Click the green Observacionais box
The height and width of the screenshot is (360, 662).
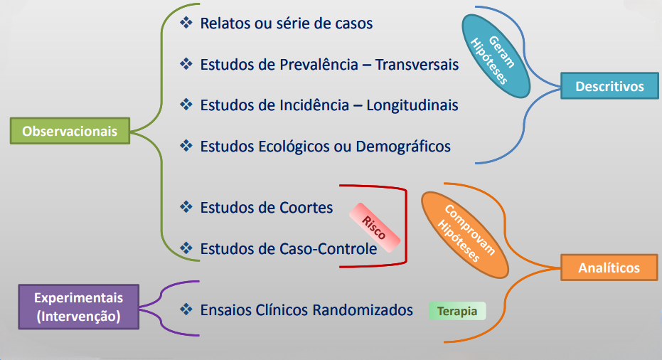(70, 131)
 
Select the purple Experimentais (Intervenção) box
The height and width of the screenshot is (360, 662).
(78, 307)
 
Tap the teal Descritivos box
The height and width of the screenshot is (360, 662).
(609, 86)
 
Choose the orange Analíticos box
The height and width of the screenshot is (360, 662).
(609, 268)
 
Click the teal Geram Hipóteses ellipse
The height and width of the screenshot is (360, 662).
(496, 56)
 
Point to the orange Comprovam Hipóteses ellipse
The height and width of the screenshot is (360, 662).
(465, 235)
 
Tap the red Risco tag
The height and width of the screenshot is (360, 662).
(374, 228)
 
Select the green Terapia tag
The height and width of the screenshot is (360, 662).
(457, 311)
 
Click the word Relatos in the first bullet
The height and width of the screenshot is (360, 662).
(225, 23)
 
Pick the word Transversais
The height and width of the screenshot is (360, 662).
(417, 65)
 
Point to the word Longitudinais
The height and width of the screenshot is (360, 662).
(412, 105)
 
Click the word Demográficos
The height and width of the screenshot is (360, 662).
(403, 147)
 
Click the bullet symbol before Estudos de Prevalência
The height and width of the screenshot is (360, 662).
(186, 64)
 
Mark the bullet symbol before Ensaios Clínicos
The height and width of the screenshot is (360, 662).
(186, 309)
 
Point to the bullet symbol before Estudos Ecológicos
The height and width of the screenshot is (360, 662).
(186, 146)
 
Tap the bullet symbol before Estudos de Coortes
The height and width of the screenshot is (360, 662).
(186, 207)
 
